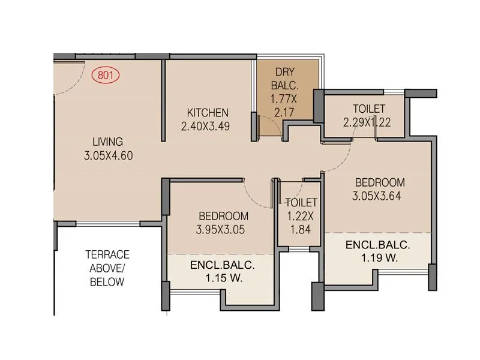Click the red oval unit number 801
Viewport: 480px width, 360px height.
[106, 76]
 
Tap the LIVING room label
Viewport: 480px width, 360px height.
[107, 142]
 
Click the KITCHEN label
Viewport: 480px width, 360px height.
[208, 113]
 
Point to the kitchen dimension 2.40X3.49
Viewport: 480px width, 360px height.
[206, 127]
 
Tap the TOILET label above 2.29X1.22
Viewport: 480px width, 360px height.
[369, 109]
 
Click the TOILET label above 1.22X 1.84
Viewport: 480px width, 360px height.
[301, 203]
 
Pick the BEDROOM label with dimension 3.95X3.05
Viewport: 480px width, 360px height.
[223, 216]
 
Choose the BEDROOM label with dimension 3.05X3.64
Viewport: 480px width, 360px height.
[379, 182]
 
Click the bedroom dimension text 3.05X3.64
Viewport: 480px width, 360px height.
[379, 196]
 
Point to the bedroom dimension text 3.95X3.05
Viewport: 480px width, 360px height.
[221, 229]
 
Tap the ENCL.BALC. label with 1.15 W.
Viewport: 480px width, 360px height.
[223, 265]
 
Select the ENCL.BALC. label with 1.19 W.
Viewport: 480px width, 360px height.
[377, 245]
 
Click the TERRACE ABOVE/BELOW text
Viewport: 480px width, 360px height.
[107, 268]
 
